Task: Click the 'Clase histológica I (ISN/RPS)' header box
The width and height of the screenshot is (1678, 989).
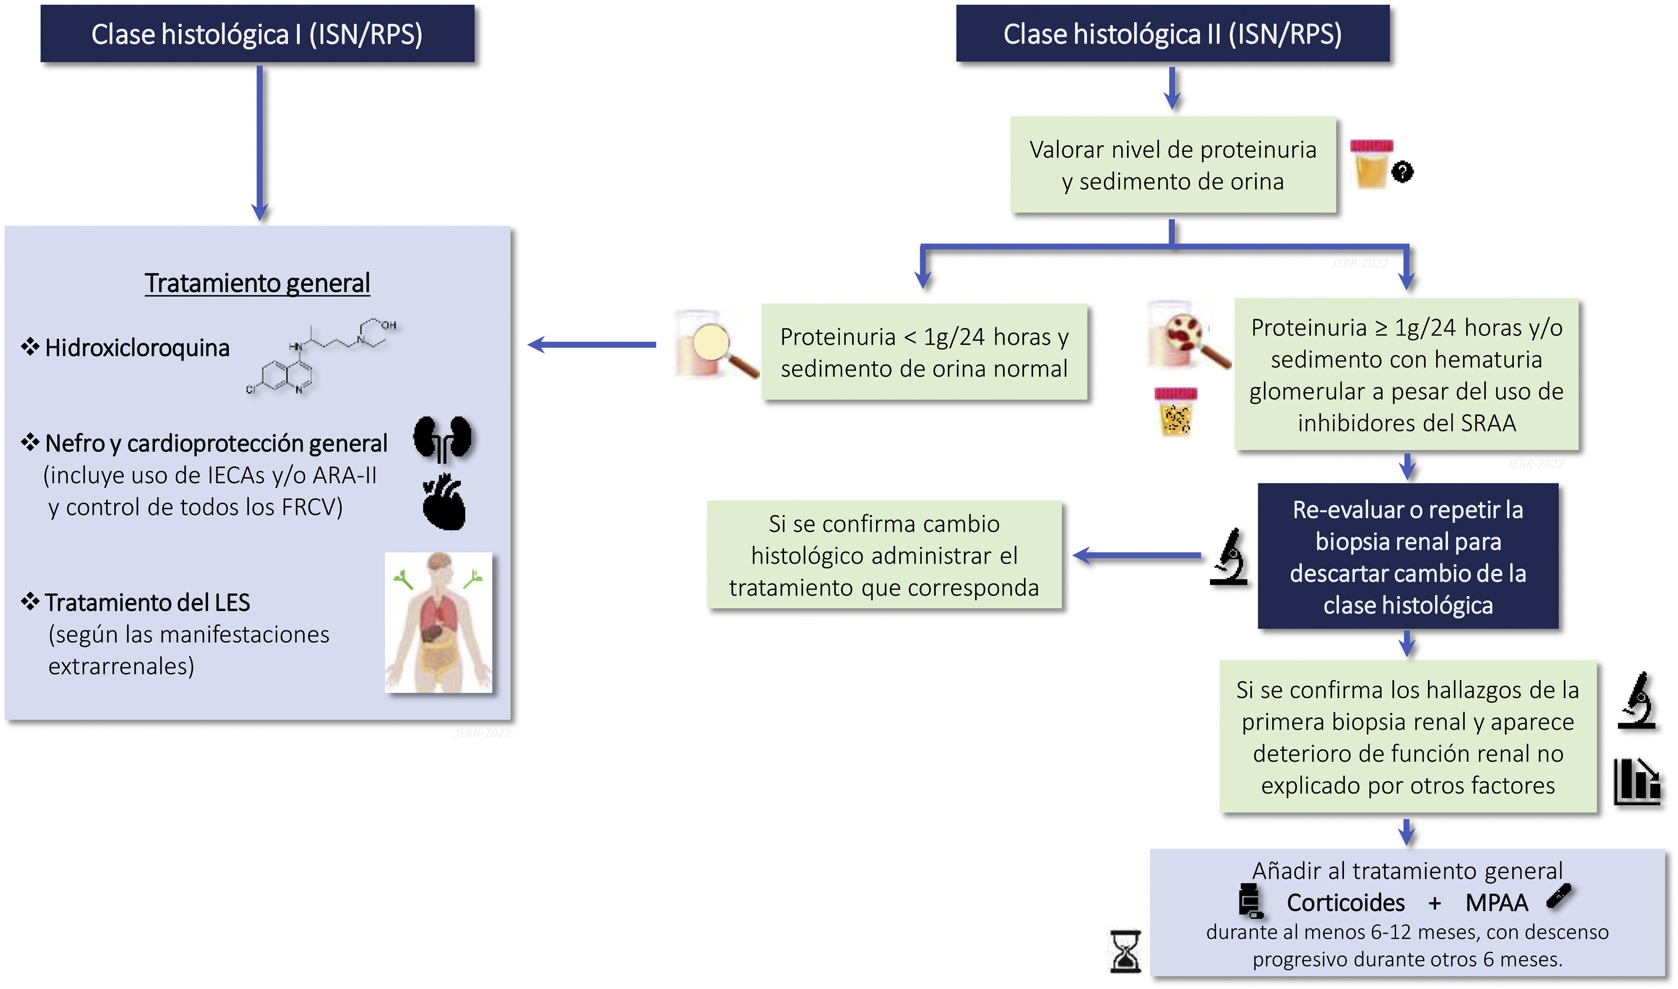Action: point(257,35)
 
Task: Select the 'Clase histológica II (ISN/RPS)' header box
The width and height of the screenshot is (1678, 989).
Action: point(1172,35)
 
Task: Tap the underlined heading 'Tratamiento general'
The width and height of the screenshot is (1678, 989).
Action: point(257,283)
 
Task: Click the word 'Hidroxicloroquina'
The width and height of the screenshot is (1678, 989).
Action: point(137,348)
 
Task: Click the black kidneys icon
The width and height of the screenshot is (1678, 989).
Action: point(442,438)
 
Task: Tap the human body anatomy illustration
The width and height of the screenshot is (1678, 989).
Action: point(438,623)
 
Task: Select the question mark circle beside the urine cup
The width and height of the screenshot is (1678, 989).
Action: point(1403,172)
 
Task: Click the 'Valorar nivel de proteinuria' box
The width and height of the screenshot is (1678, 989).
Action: point(1173,165)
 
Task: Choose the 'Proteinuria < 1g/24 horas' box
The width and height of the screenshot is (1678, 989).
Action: point(924,352)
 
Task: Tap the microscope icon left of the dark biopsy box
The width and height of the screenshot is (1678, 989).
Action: point(1228,557)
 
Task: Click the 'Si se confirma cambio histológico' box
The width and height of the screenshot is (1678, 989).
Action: point(884,555)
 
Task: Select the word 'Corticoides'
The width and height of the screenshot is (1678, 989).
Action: point(1346,903)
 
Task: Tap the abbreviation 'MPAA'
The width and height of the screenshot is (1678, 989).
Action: point(1496,903)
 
